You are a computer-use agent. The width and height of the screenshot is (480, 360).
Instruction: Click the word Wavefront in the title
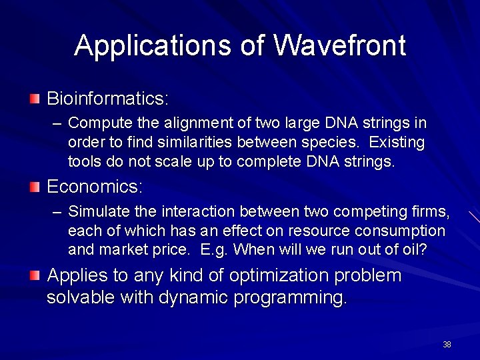pos(339,45)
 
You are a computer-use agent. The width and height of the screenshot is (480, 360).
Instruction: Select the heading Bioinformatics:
pos(107,99)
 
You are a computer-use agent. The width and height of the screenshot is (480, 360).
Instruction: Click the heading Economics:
pos(94,187)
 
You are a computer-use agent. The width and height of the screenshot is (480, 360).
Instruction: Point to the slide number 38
pos(447,345)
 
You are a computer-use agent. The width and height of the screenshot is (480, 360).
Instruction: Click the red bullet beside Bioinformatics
pos(35,99)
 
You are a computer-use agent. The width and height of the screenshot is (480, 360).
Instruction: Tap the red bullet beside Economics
pos(35,187)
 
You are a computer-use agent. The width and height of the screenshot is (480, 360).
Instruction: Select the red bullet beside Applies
pos(35,275)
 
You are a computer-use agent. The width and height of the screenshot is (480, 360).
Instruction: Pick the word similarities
pos(193,143)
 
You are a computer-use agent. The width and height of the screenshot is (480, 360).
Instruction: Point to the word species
pos(335,143)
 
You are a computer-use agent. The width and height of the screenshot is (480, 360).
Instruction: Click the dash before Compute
pos(57,124)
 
